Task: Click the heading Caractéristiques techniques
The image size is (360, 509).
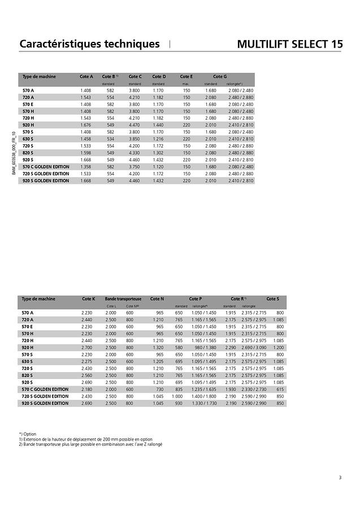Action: (x=89, y=44)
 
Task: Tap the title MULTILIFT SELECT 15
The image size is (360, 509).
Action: (x=289, y=44)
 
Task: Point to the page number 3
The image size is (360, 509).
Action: (x=340, y=477)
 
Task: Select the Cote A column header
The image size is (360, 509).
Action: (x=86, y=76)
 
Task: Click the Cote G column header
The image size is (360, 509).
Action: (x=220, y=76)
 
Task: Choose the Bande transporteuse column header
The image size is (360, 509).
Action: (x=123, y=299)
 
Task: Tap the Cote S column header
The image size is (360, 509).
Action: (x=272, y=299)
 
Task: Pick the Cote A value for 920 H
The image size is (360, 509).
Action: (x=85, y=125)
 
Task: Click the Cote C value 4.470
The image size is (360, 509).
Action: (x=134, y=125)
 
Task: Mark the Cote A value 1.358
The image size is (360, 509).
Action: (x=85, y=167)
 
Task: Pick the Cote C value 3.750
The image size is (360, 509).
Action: (x=134, y=167)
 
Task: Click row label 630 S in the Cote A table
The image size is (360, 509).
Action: (x=28, y=139)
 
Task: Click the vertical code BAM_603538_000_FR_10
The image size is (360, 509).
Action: (x=14, y=153)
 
